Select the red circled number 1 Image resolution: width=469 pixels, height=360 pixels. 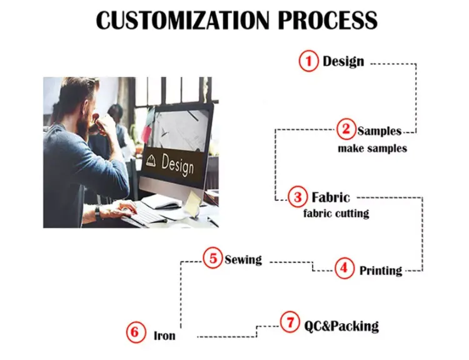coord(308,61)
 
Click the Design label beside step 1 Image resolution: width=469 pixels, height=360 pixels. coord(343,61)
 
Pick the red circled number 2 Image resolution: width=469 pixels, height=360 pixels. coord(346,130)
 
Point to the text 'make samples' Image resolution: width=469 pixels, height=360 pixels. coord(372,149)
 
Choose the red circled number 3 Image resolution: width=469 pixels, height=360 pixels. coord(298,197)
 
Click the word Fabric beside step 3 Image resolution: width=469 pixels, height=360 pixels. coord(331,197)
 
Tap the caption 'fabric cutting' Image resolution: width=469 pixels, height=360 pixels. coord(336,213)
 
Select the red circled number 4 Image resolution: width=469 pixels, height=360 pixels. coord(344,269)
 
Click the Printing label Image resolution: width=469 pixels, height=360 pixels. coord(380,271)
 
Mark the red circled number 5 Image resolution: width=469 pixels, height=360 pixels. coord(213,257)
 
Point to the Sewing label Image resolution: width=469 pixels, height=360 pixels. coord(243,259)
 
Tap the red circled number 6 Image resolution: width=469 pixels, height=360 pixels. coord(134,332)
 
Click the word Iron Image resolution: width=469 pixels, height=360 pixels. coord(164,336)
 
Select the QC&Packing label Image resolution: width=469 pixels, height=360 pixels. coord(341,326)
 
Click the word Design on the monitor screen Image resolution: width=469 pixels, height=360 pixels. coord(178,164)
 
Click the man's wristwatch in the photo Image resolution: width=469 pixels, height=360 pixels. coord(98,212)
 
